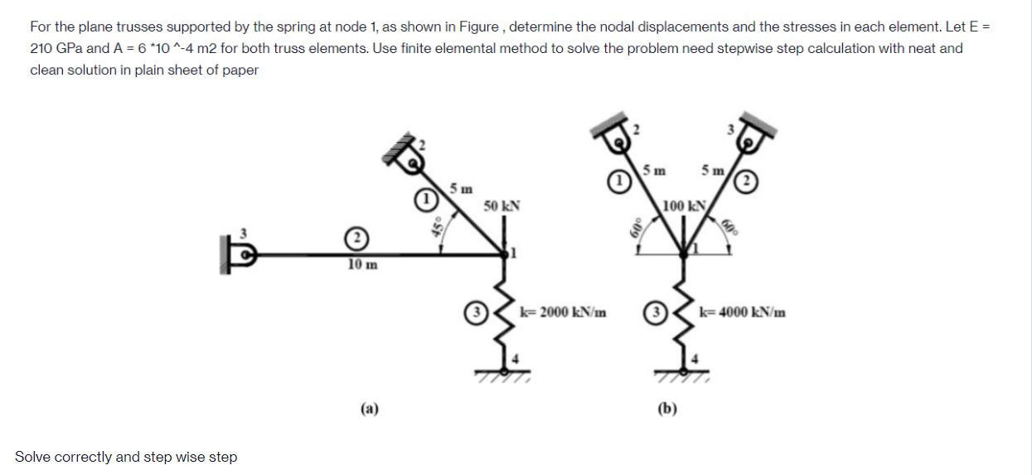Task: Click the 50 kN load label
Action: [501, 205]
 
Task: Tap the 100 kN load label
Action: [684, 205]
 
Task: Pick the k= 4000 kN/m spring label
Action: [743, 313]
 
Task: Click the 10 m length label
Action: [362, 264]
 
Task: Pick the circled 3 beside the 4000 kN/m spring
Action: [655, 313]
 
